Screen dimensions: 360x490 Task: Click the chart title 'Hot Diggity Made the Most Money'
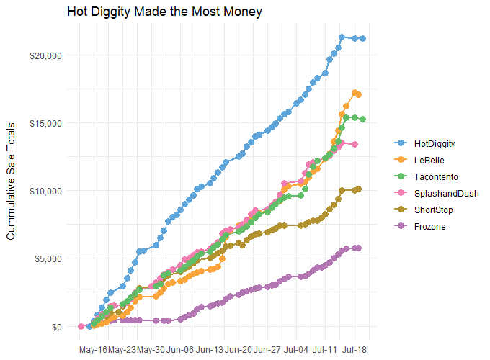pos(164,12)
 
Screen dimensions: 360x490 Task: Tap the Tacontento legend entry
pos(437,177)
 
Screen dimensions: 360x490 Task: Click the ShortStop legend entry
pos(435,210)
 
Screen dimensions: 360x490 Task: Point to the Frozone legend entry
pos(431,227)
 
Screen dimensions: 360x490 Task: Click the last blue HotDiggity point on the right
pos(363,39)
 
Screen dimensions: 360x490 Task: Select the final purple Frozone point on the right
pos(358,248)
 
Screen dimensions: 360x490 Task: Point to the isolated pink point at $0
pos(81,326)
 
